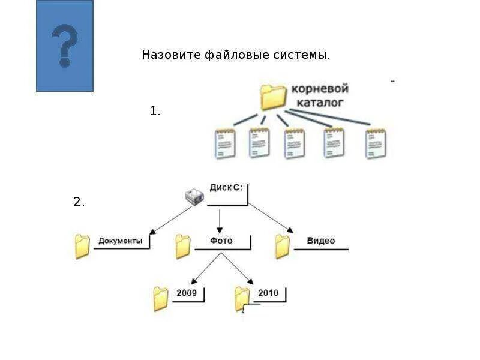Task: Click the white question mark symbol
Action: click(x=64, y=46)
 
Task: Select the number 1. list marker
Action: click(x=155, y=111)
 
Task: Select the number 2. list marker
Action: click(x=79, y=202)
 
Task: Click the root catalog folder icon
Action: click(x=274, y=96)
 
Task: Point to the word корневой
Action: click(x=320, y=89)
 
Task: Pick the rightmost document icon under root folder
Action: click(x=376, y=144)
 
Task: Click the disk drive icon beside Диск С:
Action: click(x=194, y=196)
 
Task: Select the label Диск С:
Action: click(x=226, y=187)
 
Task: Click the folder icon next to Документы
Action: click(x=82, y=246)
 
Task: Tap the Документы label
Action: click(x=120, y=241)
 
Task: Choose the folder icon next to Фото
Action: click(x=182, y=246)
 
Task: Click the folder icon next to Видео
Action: click(x=282, y=246)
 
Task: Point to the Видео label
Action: click(x=320, y=241)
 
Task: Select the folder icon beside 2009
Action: click(x=160, y=298)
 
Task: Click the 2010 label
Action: click(x=268, y=293)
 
